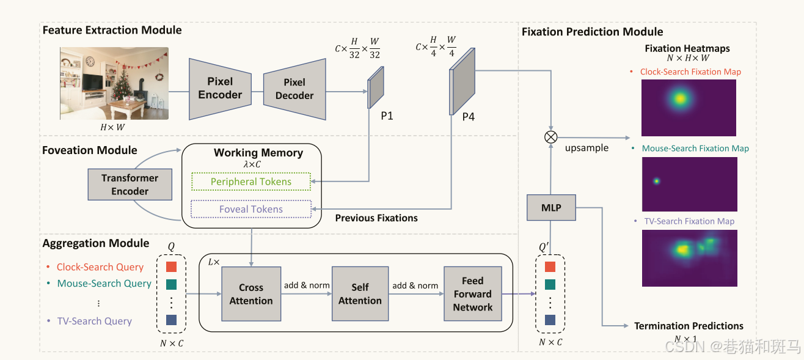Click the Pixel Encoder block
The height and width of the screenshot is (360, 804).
click(220, 89)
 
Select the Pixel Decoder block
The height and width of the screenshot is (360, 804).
click(294, 89)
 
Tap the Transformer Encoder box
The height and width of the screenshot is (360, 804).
click(130, 185)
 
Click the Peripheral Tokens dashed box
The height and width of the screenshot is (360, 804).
click(251, 182)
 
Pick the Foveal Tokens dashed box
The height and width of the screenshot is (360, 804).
click(251, 209)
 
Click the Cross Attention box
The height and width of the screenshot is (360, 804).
click(251, 294)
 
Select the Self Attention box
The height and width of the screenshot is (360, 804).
click(360, 294)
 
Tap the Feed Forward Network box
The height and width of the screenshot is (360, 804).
click(472, 294)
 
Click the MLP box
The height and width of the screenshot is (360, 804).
click(552, 208)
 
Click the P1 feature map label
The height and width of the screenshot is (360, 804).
click(387, 116)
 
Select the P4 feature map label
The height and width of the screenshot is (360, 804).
click(468, 116)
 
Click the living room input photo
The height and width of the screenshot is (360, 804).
click(114, 83)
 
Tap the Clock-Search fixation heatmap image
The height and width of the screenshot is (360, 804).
click(689, 108)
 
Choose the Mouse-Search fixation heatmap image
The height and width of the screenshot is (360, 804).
click(689, 183)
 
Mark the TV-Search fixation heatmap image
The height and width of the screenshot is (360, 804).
click(689, 258)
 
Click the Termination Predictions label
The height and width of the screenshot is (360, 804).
click(689, 326)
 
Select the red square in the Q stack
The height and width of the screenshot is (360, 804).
click(172, 267)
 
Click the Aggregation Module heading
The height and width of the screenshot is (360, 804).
click(96, 243)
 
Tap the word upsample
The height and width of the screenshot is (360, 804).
click(587, 148)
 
